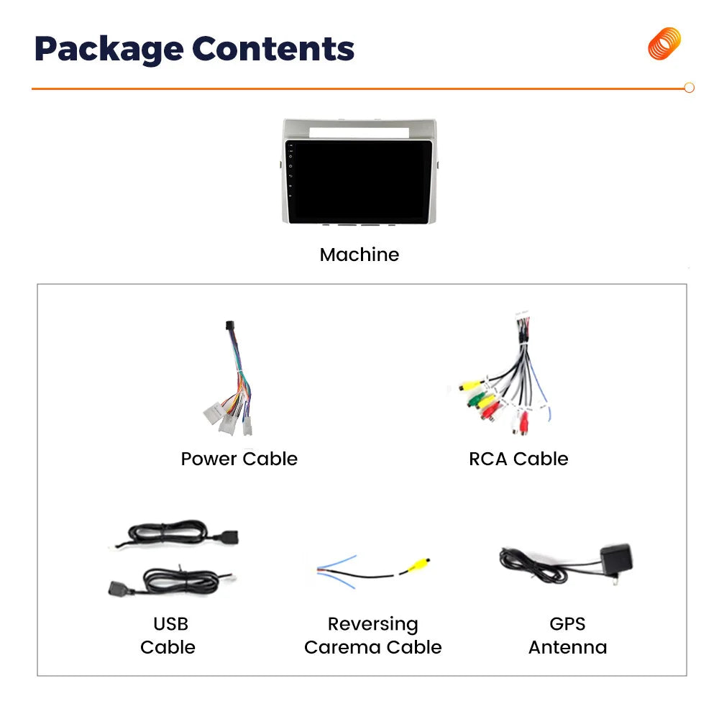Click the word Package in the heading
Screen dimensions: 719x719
click(x=109, y=50)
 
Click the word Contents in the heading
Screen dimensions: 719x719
click(x=273, y=49)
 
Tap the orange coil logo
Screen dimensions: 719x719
click(x=664, y=44)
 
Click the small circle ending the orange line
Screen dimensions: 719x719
click(x=689, y=88)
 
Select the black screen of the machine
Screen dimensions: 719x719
click(x=359, y=182)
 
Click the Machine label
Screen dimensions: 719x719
click(x=359, y=255)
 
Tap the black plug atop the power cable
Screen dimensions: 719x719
click(x=230, y=326)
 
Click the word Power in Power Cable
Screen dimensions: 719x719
click(x=209, y=459)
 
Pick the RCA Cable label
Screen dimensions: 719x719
click(x=518, y=459)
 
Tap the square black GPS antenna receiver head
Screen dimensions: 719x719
click(x=617, y=559)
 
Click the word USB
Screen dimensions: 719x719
click(x=170, y=624)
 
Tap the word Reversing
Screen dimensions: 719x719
click(x=372, y=625)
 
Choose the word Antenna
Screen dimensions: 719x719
click(x=568, y=648)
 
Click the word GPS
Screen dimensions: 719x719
click(x=568, y=624)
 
